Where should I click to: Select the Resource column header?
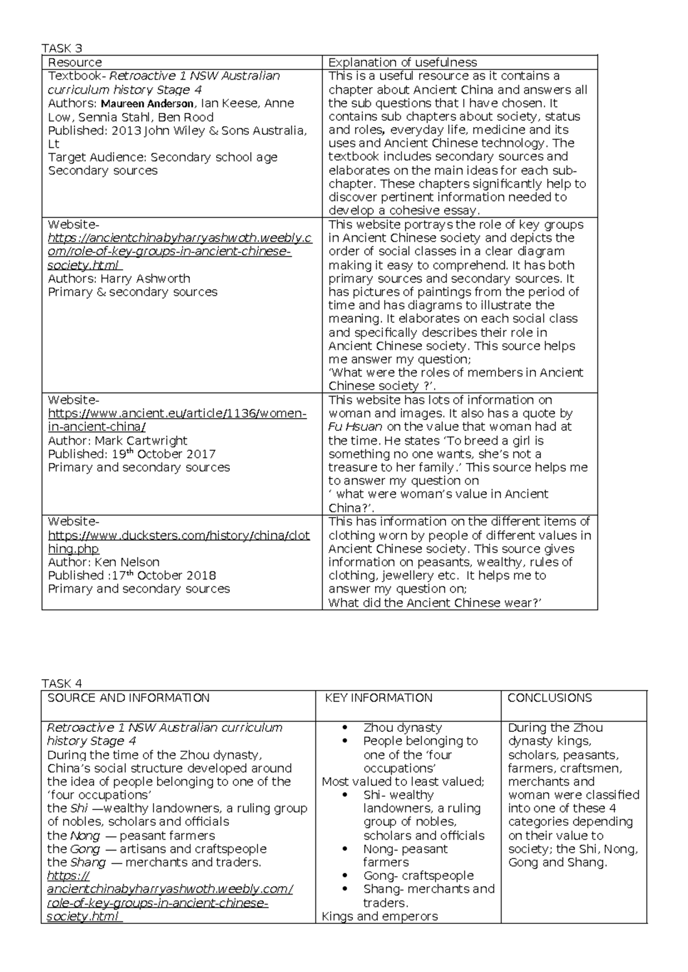[x=75, y=62]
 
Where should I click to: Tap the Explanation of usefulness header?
[x=402, y=62]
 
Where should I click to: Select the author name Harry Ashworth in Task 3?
[x=145, y=279]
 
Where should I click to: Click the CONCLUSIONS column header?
[x=549, y=698]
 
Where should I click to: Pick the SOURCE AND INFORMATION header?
[x=128, y=698]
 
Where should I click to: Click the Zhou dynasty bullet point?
[x=402, y=728]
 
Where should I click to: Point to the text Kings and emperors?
[x=380, y=916]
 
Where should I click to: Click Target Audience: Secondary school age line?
[x=163, y=158]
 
